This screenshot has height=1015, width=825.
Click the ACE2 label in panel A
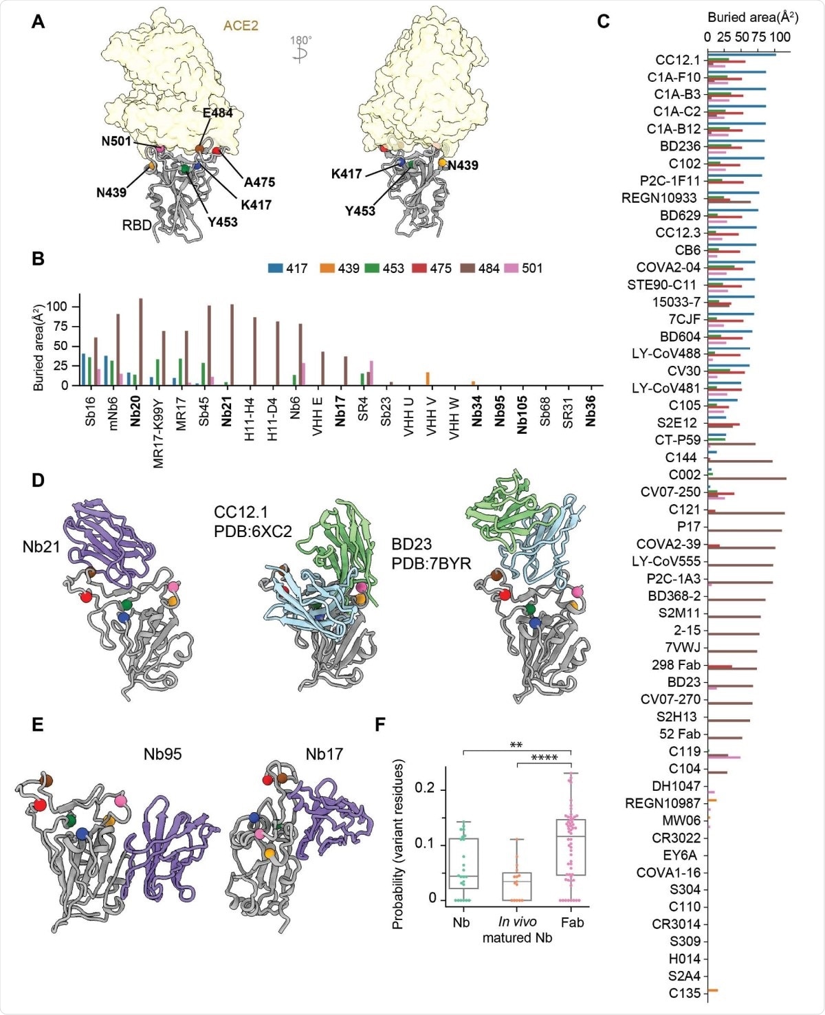pyautogui.click(x=241, y=26)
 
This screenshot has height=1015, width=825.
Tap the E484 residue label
pyautogui.click(x=217, y=113)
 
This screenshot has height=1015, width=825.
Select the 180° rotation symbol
pyautogui.click(x=300, y=50)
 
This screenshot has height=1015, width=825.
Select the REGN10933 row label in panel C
pyautogui.click(x=659, y=198)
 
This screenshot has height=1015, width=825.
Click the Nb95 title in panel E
pyautogui.click(x=162, y=754)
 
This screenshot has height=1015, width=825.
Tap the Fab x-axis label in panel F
pyautogui.click(x=572, y=922)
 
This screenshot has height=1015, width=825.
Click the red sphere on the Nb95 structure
pyautogui.click(x=40, y=805)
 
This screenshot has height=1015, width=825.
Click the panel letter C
pyautogui.click(x=603, y=21)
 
